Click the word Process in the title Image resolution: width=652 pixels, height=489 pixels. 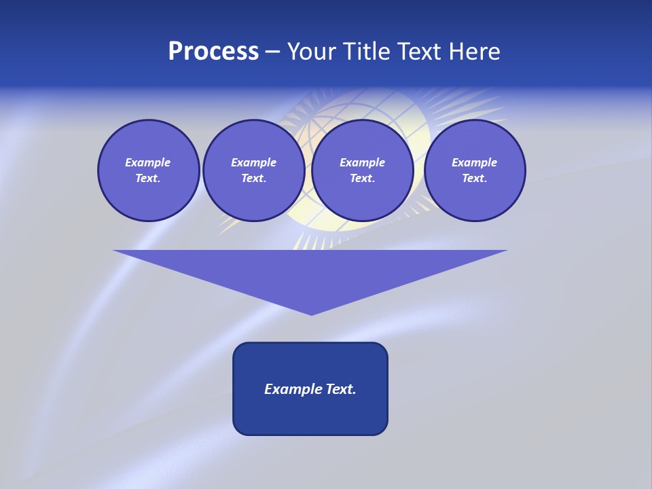213,52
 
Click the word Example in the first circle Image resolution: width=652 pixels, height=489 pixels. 148,162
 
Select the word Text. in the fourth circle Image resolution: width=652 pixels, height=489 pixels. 474,178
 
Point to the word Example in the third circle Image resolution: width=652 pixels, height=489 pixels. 362,162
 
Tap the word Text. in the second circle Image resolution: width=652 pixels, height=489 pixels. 253,178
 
